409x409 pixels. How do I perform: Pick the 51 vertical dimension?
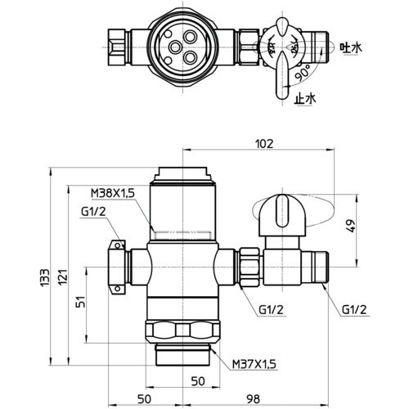[x=81, y=301]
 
